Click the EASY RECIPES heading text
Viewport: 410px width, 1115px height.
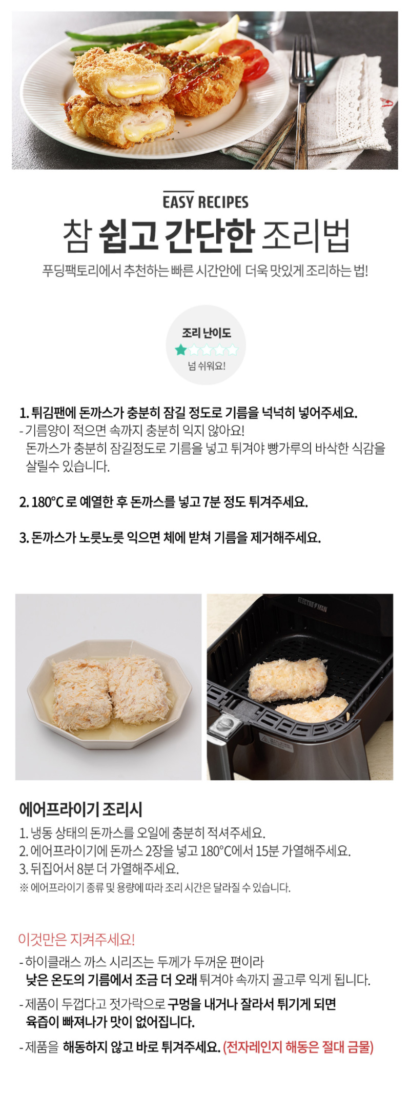pos(206,201)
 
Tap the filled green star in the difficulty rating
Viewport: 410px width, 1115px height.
pos(180,350)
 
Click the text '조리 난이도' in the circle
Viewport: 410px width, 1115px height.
pos(206,333)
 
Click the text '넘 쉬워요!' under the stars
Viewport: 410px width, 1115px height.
pos(206,366)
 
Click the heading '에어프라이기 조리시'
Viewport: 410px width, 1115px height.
pos(80,809)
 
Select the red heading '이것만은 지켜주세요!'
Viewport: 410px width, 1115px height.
pos(76,939)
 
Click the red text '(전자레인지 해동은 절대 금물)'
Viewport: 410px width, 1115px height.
pos(298,1047)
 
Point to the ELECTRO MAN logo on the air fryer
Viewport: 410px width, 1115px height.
pos(312,604)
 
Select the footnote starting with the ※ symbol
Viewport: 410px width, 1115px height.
pos(155,887)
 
